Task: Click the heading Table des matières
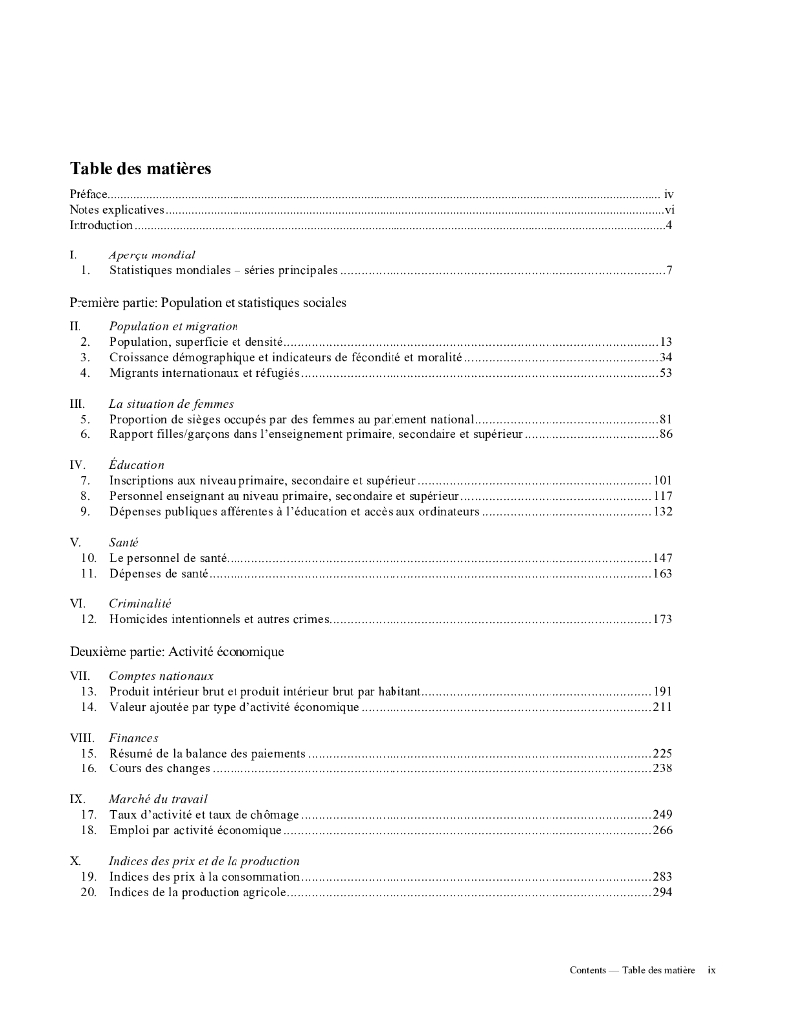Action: (x=140, y=169)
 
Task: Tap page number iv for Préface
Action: (x=669, y=194)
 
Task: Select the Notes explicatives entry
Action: (x=116, y=210)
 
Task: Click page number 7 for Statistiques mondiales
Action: (x=670, y=270)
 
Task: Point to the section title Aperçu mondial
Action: (x=152, y=254)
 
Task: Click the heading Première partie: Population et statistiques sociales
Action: (x=208, y=301)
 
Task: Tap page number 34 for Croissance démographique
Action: (x=665, y=357)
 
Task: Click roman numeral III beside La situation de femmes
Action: (x=77, y=404)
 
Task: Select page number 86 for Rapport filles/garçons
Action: (x=665, y=434)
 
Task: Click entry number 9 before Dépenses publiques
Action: (x=86, y=512)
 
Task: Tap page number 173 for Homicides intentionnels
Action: (x=662, y=620)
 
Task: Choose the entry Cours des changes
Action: (x=160, y=768)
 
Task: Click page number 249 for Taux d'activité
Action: (x=662, y=814)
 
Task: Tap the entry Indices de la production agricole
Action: (x=198, y=892)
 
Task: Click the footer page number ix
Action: (x=711, y=970)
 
